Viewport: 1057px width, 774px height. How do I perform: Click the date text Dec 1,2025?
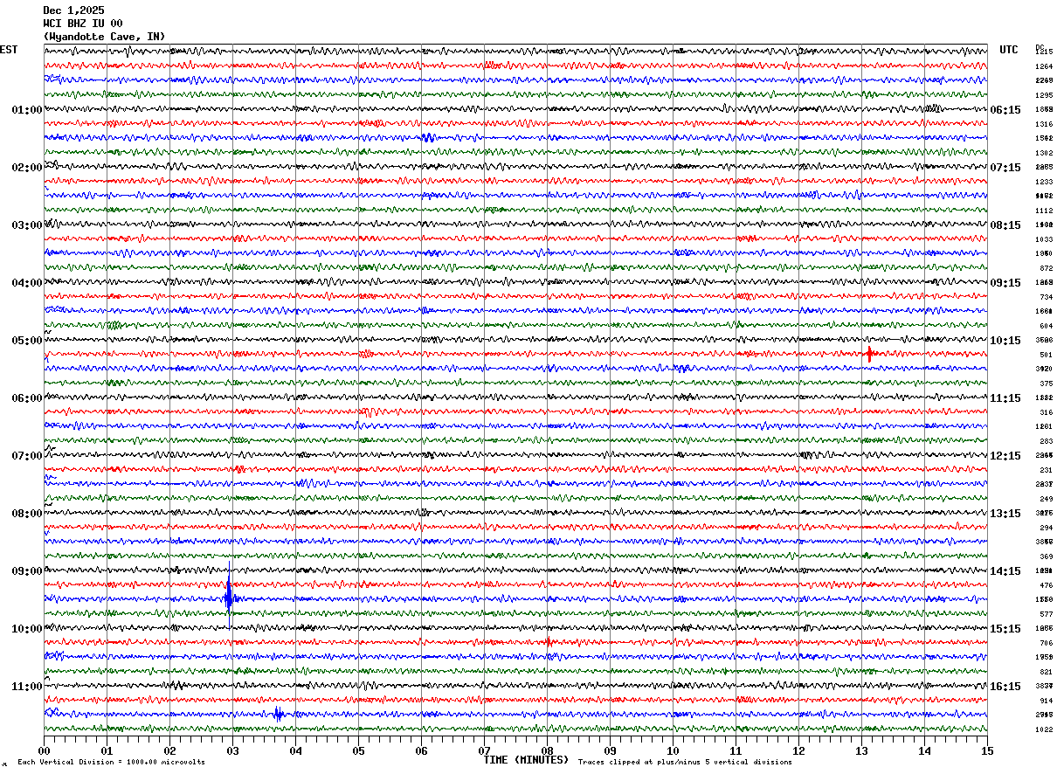[x=73, y=10]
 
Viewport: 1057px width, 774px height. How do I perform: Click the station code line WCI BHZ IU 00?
[x=83, y=24]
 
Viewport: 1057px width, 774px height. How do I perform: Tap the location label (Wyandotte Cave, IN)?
[x=104, y=37]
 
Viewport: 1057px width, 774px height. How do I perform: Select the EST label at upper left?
[x=9, y=50]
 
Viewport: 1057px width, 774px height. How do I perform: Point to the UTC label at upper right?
[x=1009, y=50]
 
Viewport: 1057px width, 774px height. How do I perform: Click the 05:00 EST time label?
[x=26, y=341]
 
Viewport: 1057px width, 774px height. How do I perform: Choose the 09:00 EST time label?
[x=26, y=571]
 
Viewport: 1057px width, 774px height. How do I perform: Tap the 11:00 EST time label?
[x=26, y=687]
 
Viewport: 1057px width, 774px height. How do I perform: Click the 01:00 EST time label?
[x=26, y=110]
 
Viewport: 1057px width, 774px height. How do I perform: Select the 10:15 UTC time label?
[x=1005, y=341]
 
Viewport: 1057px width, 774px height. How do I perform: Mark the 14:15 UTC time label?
[x=1005, y=571]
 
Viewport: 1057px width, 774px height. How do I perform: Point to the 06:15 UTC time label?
[x=1005, y=110]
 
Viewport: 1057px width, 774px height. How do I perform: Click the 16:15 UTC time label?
[x=1005, y=687]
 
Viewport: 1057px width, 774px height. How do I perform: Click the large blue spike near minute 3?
[x=229, y=598]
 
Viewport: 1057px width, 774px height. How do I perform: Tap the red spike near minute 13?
[x=869, y=354]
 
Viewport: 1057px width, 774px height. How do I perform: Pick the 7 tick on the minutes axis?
[x=484, y=750]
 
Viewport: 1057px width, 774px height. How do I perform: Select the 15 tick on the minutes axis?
[x=987, y=750]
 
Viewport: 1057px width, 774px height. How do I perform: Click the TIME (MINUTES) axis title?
[x=526, y=760]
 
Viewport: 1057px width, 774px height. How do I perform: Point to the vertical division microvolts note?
[x=111, y=762]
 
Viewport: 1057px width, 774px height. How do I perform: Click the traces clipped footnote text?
[x=685, y=762]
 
